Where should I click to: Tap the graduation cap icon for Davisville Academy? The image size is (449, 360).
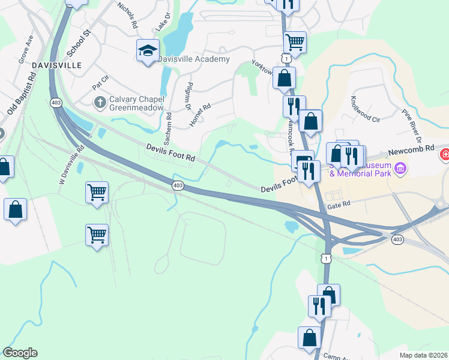tap(147, 51)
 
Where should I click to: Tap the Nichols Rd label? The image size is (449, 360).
tap(128, 15)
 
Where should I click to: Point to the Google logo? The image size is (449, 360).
tap(20, 353)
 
